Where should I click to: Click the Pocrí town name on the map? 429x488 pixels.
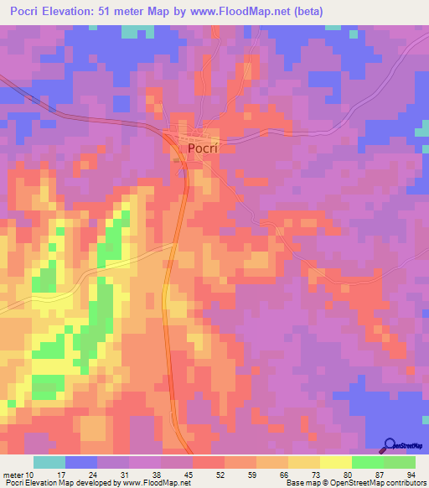pos(202,148)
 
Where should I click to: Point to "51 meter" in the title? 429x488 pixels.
pos(143,11)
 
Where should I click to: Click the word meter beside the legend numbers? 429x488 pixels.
pos(13,474)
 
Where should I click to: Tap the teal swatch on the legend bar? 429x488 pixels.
pos(49,462)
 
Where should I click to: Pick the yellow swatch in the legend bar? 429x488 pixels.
pos(335,462)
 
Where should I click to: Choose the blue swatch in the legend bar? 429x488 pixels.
pos(80,462)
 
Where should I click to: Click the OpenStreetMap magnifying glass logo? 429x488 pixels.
pos(390,445)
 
